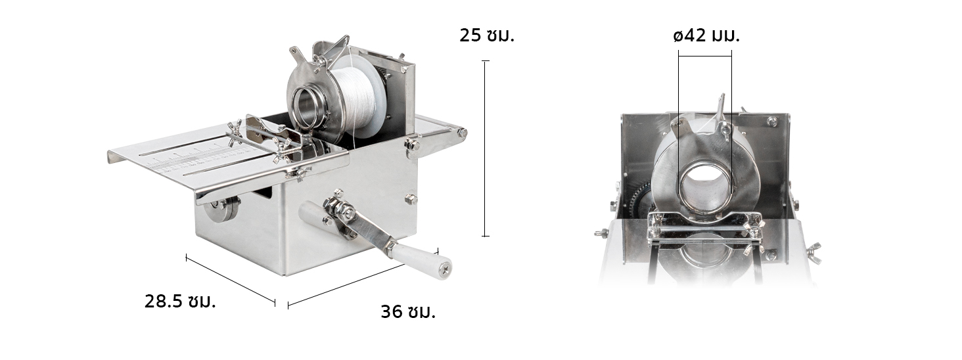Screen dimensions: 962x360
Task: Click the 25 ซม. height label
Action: (486, 35)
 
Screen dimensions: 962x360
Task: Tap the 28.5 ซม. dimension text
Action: (180, 302)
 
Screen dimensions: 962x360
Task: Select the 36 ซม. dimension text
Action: (408, 312)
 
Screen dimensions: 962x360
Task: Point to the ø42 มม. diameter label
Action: (706, 35)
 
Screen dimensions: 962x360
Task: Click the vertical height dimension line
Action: (486, 148)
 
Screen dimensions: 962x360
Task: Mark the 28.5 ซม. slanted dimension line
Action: (231, 280)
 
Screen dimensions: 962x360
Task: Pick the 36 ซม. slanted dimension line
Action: (363, 279)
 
